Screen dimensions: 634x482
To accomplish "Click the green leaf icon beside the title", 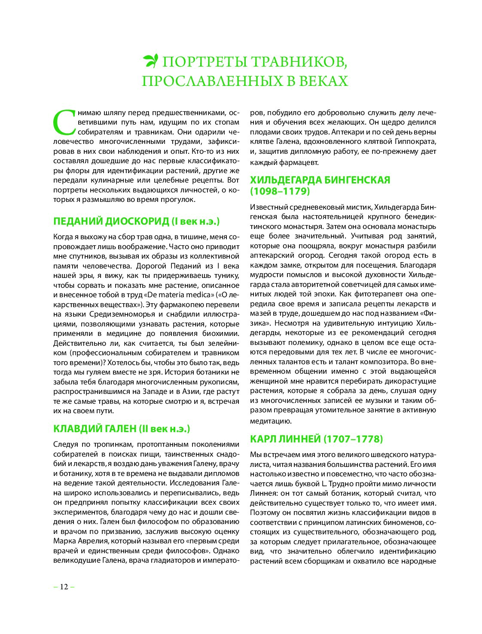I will [151, 61].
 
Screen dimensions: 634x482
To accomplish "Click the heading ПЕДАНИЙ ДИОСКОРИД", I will [111, 222].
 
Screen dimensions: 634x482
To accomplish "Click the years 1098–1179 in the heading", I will [280, 191].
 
